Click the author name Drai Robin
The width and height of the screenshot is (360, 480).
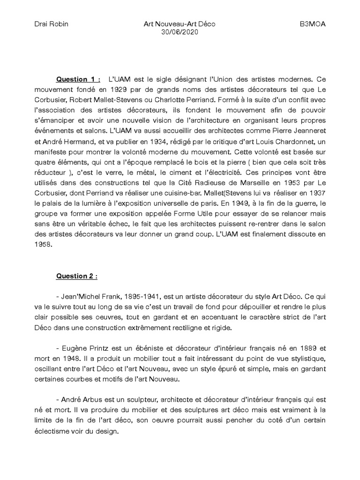[51, 24]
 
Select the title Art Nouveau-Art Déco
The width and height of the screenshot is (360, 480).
[180, 24]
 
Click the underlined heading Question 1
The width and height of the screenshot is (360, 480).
[78, 79]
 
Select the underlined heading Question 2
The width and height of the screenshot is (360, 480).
[76, 276]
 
